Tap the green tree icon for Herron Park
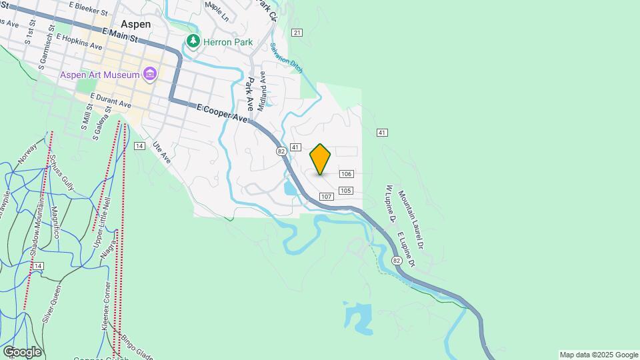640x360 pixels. coord(193,41)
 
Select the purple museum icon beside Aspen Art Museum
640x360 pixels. coord(149,74)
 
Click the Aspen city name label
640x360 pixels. coord(136,24)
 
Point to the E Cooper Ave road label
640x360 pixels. coord(222,113)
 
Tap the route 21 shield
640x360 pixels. coord(297,33)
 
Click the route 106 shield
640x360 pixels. coord(345,174)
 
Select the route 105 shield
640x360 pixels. coord(345,191)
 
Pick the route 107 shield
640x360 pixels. coord(326,197)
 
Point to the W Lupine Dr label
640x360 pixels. coord(390,204)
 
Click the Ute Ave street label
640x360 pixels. coord(162,152)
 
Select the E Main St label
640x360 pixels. coord(120,35)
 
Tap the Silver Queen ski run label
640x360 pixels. coord(53,303)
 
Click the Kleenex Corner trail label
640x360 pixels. coord(107,304)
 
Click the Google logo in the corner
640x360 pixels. coord(22,352)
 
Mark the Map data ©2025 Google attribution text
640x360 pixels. coord(599,355)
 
